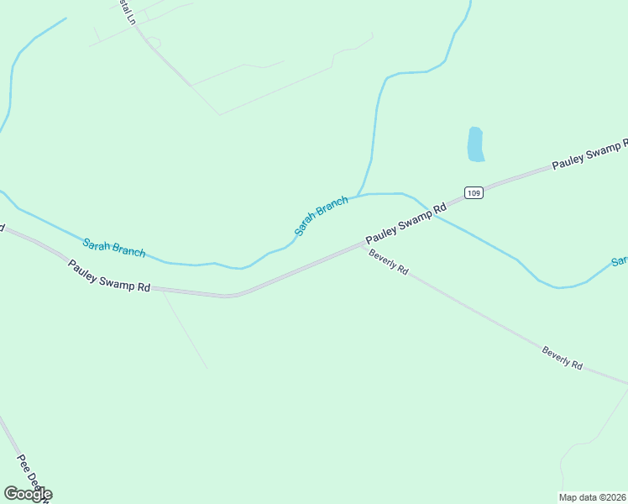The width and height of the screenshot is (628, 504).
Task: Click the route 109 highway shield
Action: (474, 192)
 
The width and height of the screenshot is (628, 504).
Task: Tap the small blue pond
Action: (475, 144)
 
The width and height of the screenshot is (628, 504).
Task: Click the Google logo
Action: (27, 494)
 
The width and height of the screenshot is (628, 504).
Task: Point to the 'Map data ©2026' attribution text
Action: (592, 497)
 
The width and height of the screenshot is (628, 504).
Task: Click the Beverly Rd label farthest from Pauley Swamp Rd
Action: (563, 357)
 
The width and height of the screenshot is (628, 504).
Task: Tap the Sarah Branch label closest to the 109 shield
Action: (321, 215)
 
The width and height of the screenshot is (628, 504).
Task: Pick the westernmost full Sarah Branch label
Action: (114, 248)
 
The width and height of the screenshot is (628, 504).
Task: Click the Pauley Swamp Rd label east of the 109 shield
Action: (590, 155)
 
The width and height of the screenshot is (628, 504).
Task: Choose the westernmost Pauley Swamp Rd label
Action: (109, 276)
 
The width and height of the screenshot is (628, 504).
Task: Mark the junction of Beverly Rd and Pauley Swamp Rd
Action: (364, 245)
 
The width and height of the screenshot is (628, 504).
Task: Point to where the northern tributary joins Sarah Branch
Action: (359, 196)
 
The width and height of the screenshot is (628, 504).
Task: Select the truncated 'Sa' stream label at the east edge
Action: (620, 261)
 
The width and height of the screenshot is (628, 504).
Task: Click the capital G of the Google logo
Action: (11, 494)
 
